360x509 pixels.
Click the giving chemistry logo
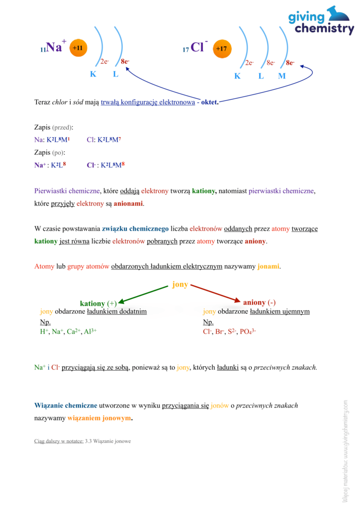(x=321, y=20)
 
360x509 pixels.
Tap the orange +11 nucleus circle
(x=78, y=48)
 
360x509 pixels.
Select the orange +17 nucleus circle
(x=222, y=49)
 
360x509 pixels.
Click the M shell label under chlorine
(x=282, y=76)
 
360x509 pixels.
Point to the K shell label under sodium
(x=93, y=75)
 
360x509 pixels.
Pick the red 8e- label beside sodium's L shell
(x=125, y=62)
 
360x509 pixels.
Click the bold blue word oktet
(x=209, y=103)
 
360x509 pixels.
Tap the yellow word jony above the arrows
(x=180, y=284)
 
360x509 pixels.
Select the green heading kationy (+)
(x=98, y=303)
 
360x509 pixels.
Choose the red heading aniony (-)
(x=259, y=302)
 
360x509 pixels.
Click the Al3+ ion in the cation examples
(x=90, y=331)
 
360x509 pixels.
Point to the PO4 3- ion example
(x=248, y=331)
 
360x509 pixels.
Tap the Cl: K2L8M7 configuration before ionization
(x=103, y=140)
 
